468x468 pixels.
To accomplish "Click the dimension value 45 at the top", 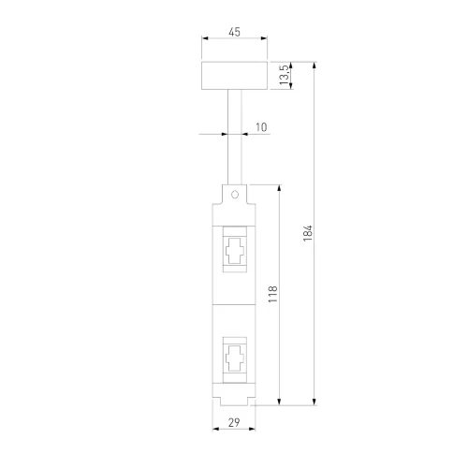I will coord(234,33).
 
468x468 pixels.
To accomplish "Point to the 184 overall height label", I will coord(308,234).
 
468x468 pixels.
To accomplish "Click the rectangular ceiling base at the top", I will coord(234,76).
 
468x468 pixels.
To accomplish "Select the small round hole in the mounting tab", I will coord(234,195).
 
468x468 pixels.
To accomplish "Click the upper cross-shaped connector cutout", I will coord(234,250).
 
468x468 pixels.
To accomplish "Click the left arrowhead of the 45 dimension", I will coord(205,41).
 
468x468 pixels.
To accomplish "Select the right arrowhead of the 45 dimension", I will coord(264,41).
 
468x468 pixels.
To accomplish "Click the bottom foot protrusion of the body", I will coord(234,402).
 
